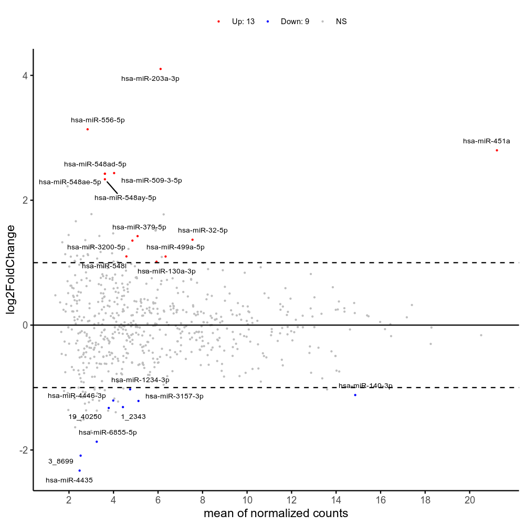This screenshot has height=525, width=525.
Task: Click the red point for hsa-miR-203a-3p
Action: [161, 69]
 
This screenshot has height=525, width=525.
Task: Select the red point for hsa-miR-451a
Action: [497, 150]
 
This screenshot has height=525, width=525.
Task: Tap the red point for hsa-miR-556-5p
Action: [88, 129]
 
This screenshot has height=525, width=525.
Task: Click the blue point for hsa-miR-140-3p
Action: [355, 395]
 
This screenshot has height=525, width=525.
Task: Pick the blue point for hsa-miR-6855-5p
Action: [97, 442]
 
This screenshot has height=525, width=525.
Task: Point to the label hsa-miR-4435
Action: [69, 480]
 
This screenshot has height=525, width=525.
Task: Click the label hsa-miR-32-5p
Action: [203, 230]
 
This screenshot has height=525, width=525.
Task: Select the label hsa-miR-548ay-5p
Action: [125, 198]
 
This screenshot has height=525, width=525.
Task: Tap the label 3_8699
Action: [61, 461]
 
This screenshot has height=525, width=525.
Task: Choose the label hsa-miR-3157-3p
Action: [174, 396]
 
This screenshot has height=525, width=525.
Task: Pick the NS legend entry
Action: [341, 22]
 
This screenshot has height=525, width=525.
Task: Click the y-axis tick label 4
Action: [25, 76]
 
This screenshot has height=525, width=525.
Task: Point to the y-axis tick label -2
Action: [23, 450]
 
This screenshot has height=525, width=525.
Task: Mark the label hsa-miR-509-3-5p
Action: [152, 181]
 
